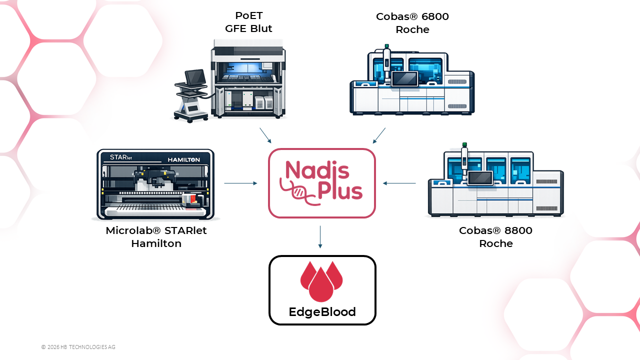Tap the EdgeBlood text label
(322, 311)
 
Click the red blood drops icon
(321, 281)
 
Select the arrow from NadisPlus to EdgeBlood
(320, 237)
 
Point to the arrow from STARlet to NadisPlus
(240, 183)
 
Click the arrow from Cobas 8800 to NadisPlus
(399, 183)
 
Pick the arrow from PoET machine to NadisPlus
(265, 135)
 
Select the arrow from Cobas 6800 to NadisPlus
(379, 135)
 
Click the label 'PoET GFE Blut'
(248, 22)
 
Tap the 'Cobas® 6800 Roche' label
(412, 23)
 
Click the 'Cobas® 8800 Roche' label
(495, 237)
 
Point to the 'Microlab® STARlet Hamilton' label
(156, 237)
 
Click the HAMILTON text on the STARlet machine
(183, 159)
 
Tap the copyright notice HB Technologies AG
(78, 347)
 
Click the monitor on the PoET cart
(195, 77)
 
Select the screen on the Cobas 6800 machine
(404, 78)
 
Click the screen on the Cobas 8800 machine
(480, 178)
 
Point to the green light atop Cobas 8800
(464, 144)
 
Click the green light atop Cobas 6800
(387, 46)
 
